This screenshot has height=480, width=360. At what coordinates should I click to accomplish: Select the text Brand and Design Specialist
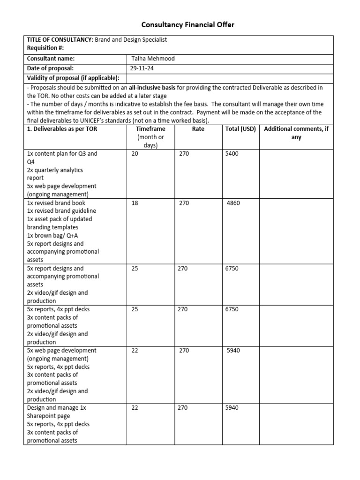coord(131,40)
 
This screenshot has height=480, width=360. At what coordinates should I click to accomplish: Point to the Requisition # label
coord(45,48)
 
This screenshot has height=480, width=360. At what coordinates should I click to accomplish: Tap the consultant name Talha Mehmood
coord(152,59)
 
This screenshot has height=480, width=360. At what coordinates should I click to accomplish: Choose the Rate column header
coord(198,129)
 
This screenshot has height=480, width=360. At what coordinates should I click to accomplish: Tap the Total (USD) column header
coord(240,129)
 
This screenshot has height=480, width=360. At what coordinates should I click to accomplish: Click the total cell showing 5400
coord(232,154)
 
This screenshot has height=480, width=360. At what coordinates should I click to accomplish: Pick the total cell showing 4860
coord(233,203)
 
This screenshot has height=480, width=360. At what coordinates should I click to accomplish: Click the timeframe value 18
coord(135,203)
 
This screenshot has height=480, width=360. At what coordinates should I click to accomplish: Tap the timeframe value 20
coord(135,154)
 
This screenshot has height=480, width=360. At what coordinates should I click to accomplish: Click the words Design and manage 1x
coord(56,408)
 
